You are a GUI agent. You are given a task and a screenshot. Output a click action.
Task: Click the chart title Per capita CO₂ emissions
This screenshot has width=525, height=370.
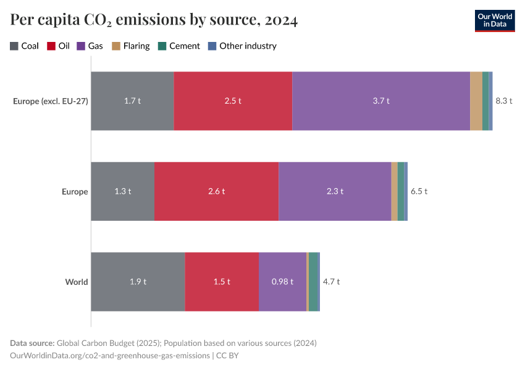pyautogui.click(x=154, y=20)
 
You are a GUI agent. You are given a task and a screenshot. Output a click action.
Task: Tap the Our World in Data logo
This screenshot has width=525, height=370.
pyautogui.click(x=494, y=20)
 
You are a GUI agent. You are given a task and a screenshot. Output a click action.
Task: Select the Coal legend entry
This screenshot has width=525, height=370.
pyautogui.click(x=25, y=46)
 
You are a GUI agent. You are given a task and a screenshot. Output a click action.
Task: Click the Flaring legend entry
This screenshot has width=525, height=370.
pyautogui.click(x=130, y=46)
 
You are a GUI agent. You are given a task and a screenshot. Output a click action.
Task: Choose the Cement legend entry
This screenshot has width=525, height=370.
pyautogui.click(x=179, y=46)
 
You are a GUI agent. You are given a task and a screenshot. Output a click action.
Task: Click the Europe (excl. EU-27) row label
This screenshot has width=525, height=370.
pyautogui.click(x=50, y=101)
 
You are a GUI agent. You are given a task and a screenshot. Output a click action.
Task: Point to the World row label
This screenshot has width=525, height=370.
pyautogui.click(x=77, y=282)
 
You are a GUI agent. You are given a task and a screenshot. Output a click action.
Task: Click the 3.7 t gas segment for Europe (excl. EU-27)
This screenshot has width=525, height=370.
pyautogui.click(x=380, y=101)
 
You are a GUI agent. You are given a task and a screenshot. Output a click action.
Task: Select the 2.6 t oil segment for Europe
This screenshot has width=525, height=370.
pyautogui.click(x=216, y=191)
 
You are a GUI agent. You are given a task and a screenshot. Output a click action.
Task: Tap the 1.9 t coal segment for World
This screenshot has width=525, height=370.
pyautogui.click(x=138, y=282)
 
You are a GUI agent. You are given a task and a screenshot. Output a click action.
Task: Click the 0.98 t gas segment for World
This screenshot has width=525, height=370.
pyautogui.click(x=282, y=282)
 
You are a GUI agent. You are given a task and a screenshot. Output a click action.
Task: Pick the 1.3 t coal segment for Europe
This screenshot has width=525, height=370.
pyautogui.click(x=122, y=191)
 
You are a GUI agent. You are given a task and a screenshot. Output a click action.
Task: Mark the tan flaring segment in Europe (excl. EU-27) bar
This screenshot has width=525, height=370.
pyautogui.click(x=476, y=101)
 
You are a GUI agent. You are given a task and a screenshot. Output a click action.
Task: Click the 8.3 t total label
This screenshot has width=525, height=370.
pyautogui.click(x=504, y=101)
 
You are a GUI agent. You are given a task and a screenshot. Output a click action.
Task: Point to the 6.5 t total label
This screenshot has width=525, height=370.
pyautogui.click(x=419, y=191)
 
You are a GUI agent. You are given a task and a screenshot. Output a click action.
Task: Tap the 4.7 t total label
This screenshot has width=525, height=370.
pyautogui.click(x=331, y=282)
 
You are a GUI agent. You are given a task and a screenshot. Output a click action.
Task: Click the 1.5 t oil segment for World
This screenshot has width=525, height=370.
pyautogui.click(x=221, y=282)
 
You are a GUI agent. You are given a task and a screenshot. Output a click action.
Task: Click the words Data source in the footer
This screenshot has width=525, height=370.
pyautogui.click(x=32, y=343)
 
